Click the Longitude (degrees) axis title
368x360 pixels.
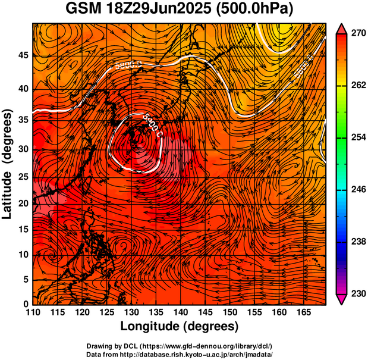pos(180,327)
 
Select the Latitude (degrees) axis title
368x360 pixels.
pos(8,163)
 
